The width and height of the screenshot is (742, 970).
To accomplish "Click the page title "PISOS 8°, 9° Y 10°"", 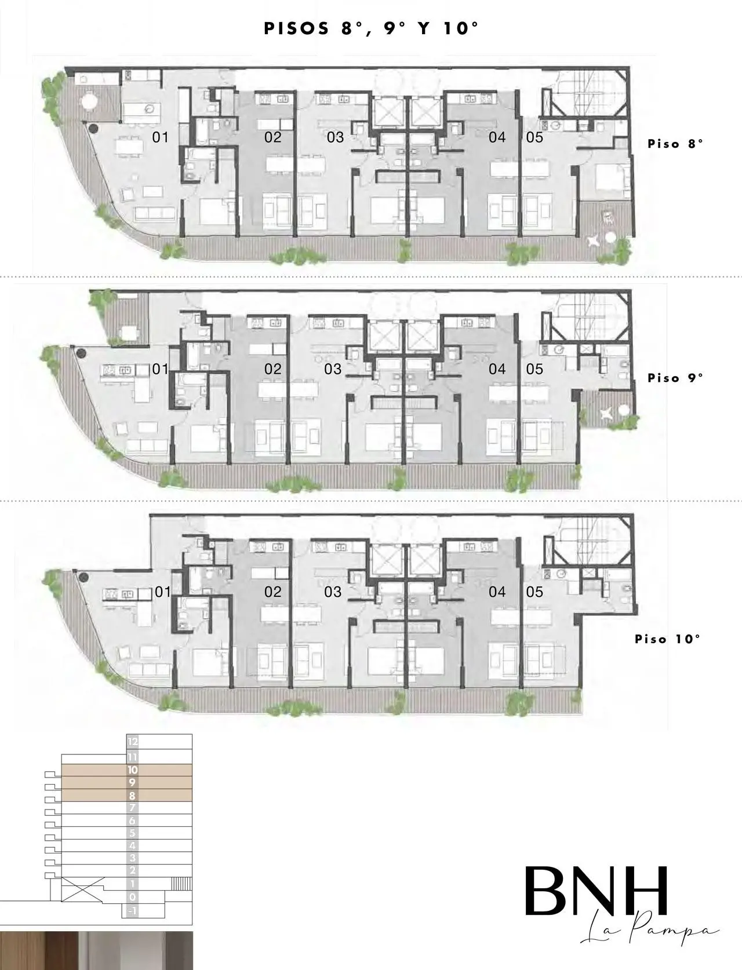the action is pos(371,29).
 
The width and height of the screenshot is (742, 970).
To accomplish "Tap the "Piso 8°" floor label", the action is pos(675,144).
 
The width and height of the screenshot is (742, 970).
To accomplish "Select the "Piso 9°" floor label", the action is pos(675,378).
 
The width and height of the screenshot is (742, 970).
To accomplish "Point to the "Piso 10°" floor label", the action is pos(667,639).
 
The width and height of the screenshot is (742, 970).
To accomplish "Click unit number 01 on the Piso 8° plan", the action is pos(161,137).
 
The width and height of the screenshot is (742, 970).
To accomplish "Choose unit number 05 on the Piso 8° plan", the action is pos(534,137).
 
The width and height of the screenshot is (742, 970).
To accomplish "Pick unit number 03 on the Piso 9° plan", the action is pos(333,369).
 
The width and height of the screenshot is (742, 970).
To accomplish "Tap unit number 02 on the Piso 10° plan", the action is pos(272,592).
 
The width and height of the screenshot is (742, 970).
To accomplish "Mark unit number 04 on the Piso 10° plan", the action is pos(497,592).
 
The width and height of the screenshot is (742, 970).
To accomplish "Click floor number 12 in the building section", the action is pos(133,742).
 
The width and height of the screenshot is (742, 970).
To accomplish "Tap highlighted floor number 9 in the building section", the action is pos(132,783).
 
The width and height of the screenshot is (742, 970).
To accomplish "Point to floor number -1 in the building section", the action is pos(132,911).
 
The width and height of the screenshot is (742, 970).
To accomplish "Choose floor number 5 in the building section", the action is pos(132,833).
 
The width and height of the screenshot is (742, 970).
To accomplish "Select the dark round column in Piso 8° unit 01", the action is pos(93,129).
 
